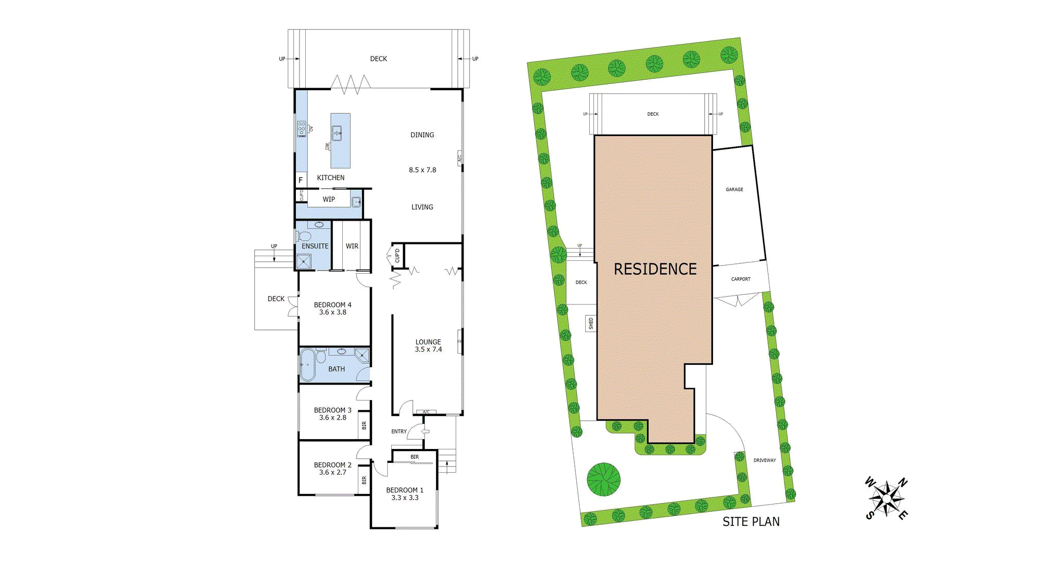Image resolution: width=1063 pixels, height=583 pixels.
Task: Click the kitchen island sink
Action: point(337,133)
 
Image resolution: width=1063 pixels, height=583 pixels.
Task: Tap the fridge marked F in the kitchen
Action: point(301,180)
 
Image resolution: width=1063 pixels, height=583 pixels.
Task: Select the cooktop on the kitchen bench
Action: point(302,129)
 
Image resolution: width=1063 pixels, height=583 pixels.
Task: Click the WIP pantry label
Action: point(329,199)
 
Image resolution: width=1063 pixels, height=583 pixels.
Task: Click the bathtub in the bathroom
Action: point(308,365)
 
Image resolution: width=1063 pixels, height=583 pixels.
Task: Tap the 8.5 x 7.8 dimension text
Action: point(422,170)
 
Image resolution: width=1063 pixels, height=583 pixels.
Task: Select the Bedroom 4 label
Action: point(333,305)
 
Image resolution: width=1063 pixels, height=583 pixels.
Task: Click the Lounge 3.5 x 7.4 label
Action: point(428,345)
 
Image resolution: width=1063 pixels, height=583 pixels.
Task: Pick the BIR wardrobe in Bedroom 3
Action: point(364,425)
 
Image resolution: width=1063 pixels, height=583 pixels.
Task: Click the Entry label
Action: point(399,431)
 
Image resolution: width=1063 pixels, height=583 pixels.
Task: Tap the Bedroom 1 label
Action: point(405,490)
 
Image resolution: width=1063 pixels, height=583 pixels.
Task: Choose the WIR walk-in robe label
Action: point(352,246)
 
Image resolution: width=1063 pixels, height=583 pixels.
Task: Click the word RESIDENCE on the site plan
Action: point(655,269)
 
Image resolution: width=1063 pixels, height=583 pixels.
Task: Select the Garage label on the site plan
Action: point(734,190)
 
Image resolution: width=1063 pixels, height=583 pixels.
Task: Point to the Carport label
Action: point(740,279)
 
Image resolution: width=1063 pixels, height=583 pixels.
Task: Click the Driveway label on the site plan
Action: point(764,460)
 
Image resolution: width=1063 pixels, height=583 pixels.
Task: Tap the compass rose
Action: point(886,498)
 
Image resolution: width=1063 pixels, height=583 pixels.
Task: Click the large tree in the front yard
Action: point(603,479)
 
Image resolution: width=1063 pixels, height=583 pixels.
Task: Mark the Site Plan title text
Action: point(751,522)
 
